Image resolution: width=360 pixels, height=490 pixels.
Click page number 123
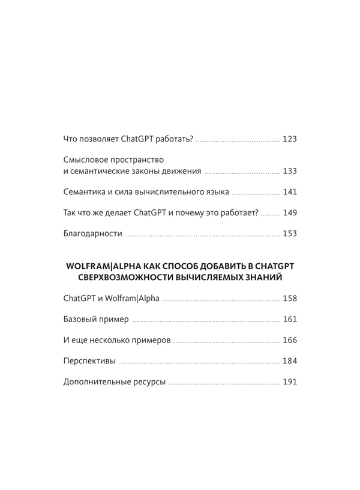[x=289, y=139]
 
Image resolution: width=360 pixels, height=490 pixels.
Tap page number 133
[x=289, y=171]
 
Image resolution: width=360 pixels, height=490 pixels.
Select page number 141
[x=289, y=192]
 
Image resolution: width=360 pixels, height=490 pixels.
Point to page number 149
[x=289, y=212]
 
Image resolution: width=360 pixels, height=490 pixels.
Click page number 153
[x=289, y=233]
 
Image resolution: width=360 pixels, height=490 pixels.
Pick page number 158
[x=289, y=298]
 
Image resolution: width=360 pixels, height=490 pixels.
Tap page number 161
[x=289, y=319]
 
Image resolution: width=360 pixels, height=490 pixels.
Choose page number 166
[x=289, y=340]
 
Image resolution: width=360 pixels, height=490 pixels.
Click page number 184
[x=289, y=361]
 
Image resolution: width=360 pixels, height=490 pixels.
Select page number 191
[x=289, y=382]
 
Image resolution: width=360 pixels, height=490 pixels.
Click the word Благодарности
[x=92, y=233]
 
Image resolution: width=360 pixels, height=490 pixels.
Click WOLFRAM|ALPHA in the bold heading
[x=102, y=266]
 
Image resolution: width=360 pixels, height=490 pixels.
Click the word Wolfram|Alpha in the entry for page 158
[x=131, y=298]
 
